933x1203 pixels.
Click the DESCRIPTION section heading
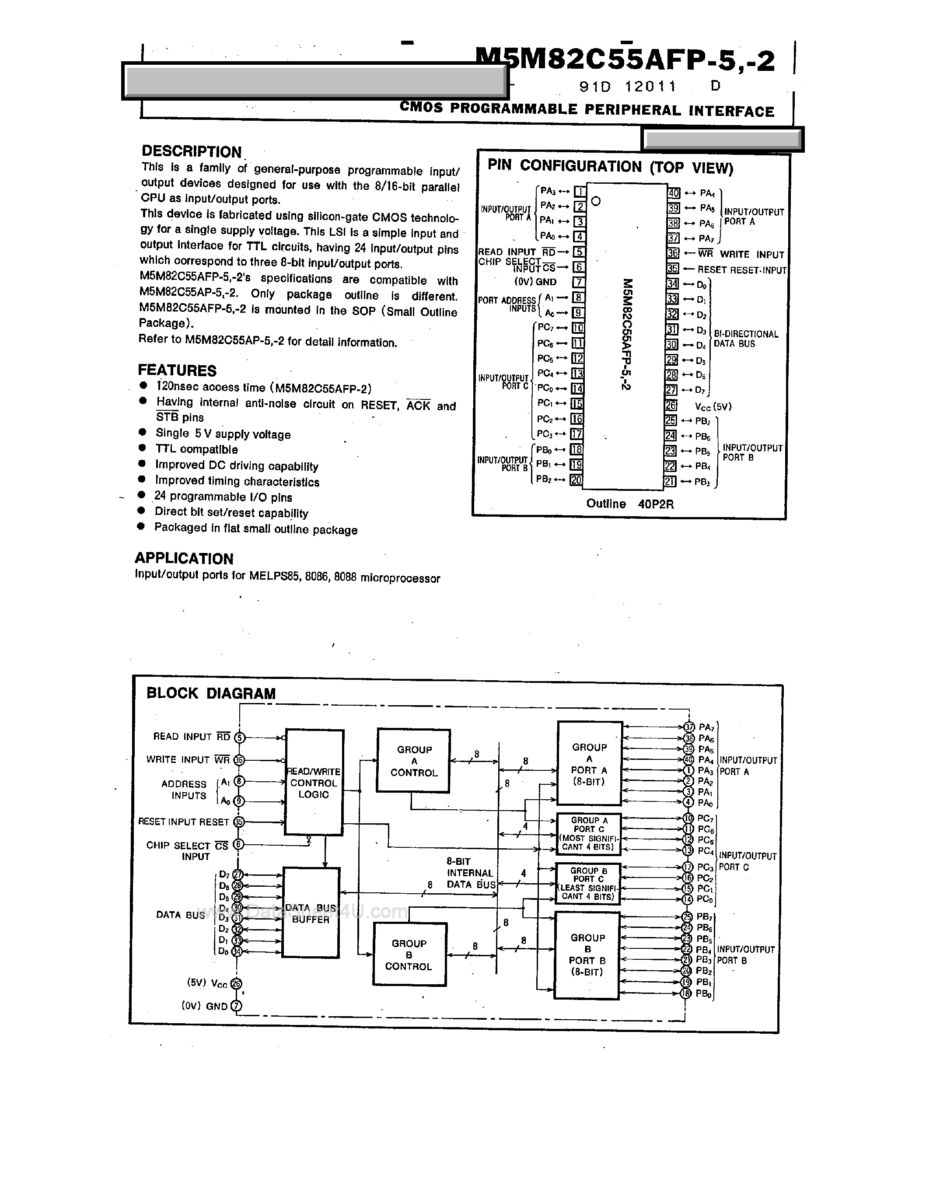point(192,151)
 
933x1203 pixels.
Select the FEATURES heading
point(177,370)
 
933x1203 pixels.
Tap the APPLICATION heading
point(184,559)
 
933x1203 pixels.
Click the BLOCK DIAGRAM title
point(211,693)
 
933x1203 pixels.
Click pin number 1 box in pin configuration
point(580,192)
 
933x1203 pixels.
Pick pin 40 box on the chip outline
point(674,193)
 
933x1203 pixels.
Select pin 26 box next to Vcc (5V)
point(671,406)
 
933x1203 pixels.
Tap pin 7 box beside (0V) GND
point(578,282)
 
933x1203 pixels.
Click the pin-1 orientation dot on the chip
point(595,201)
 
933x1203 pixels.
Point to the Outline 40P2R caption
point(629,504)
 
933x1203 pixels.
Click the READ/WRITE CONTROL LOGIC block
point(314,783)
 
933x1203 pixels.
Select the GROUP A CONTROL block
point(414,761)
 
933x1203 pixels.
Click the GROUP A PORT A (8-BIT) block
point(589,764)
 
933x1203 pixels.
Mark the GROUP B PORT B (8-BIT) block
point(587,955)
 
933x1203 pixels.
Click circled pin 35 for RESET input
point(238,822)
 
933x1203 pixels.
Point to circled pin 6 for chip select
point(238,844)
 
